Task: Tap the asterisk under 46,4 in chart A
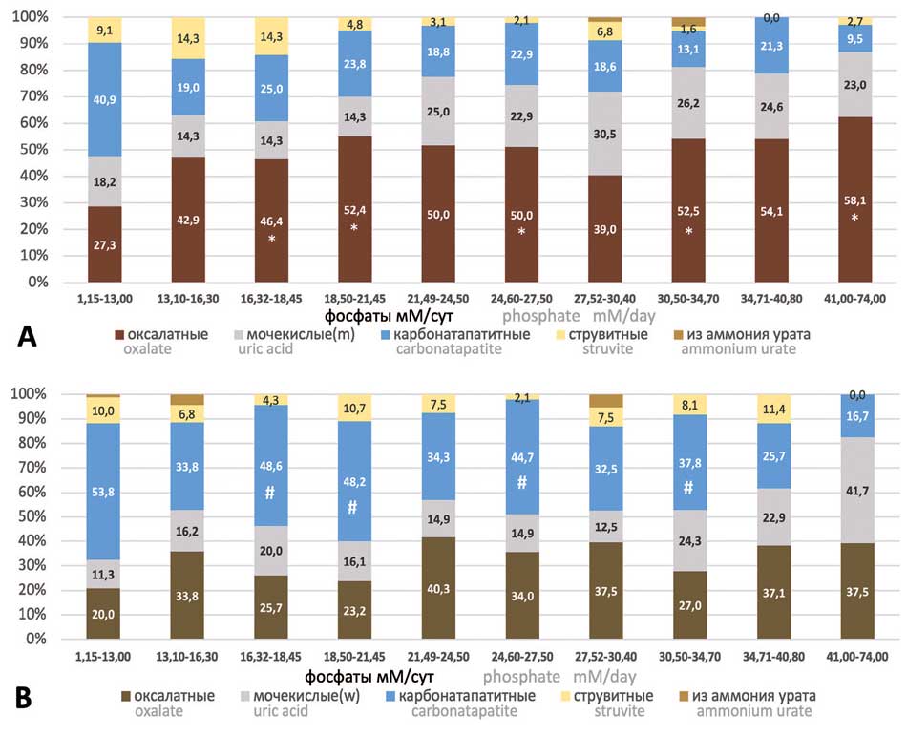(x=272, y=239)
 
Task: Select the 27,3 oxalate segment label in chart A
(x=105, y=243)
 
